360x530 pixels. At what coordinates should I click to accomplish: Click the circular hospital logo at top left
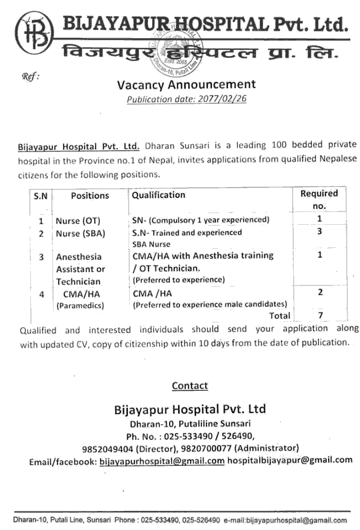[x=34, y=33]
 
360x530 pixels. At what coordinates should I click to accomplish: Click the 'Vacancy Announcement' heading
[x=186, y=84]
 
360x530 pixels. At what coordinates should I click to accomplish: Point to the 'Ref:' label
[x=29, y=77]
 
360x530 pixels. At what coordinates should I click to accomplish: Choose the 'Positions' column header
[x=90, y=195]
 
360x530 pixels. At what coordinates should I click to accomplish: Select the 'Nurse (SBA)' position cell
[x=80, y=234]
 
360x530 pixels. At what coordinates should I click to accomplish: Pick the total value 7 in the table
[x=320, y=315]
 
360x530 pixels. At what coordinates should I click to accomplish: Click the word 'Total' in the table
[x=279, y=316]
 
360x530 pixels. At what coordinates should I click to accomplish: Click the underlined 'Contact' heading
[x=190, y=386]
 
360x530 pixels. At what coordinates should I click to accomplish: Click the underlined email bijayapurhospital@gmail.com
[x=162, y=460]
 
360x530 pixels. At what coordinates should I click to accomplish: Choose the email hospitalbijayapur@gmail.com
[x=290, y=460]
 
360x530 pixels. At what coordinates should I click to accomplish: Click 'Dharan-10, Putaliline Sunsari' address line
[x=190, y=423]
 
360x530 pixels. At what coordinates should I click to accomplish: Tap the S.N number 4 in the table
[x=41, y=294]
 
